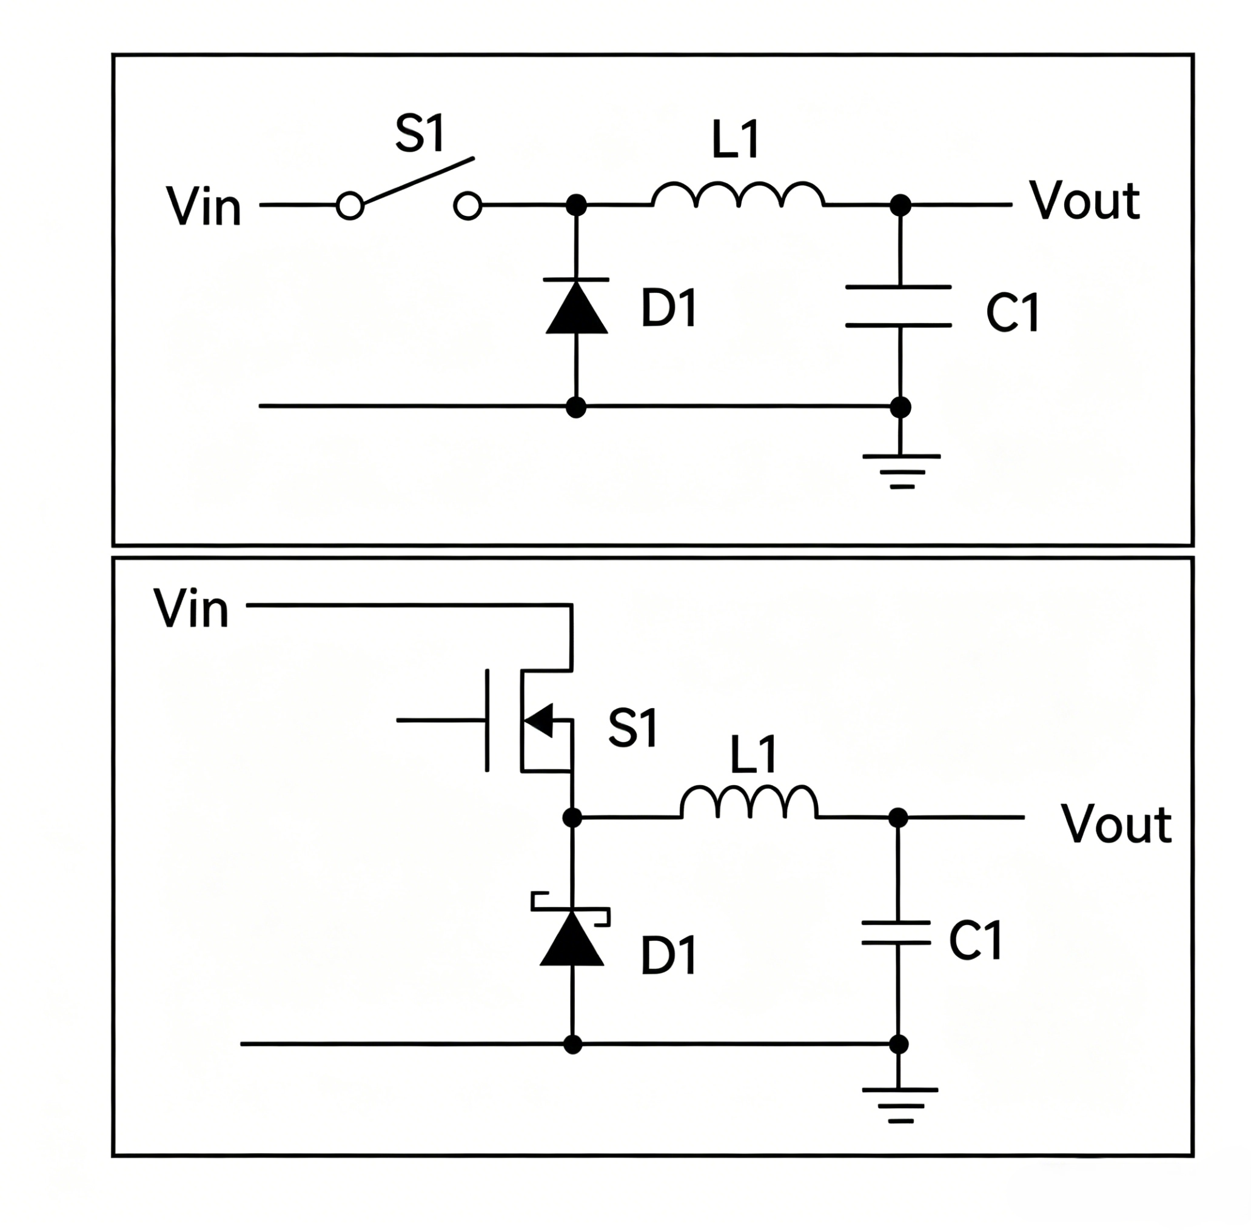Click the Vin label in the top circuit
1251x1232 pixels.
[204, 206]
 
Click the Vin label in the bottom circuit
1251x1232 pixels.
[192, 608]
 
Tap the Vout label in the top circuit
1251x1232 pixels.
[1084, 200]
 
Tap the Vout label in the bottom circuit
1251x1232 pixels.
[1115, 824]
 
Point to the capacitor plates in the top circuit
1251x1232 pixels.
[898, 306]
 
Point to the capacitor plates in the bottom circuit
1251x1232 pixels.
[896, 932]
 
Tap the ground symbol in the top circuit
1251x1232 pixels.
[901, 471]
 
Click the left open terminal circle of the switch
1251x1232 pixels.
[350, 206]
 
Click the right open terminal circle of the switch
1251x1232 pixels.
[468, 206]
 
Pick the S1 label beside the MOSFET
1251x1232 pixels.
[632, 728]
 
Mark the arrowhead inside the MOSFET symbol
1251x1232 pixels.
[538, 720]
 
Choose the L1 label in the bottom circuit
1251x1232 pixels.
[753, 754]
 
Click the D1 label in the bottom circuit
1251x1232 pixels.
[668, 956]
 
